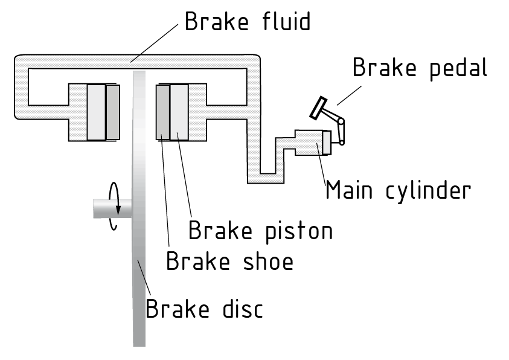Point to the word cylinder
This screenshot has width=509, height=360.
coord(427,191)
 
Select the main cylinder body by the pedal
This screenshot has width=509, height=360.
coord(309,143)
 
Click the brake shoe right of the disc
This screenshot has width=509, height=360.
coord(162,112)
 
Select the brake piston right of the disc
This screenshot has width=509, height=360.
coord(179,112)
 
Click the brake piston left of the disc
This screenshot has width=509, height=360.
coord(96,112)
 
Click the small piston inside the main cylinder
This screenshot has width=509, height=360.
coord(327,143)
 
